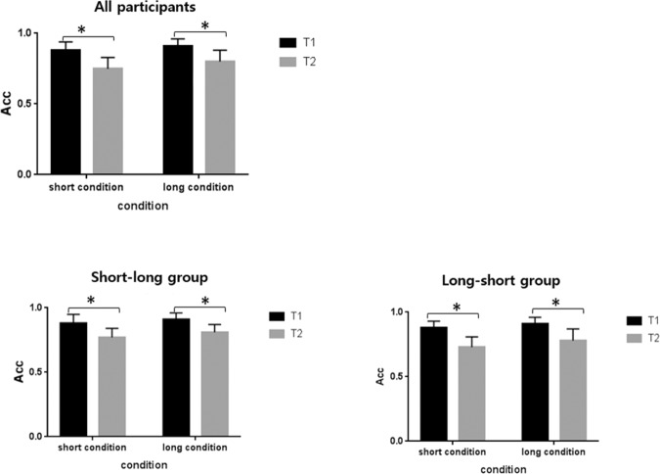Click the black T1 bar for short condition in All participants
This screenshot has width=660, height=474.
pyautogui.click(x=66, y=112)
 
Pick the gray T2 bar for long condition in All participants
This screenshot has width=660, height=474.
pyautogui.click(x=220, y=118)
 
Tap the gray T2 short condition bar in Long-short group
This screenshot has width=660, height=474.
pyautogui.click(x=470, y=393)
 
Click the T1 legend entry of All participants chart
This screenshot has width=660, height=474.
pyautogui.click(x=300, y=43)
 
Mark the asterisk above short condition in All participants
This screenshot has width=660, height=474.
pyautogui.click(x=80, y=30)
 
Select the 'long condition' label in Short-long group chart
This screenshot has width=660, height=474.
pyautogui.click(x=193, y=450)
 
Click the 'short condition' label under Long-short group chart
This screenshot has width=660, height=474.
pyautogui.click(x=455, y=453)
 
